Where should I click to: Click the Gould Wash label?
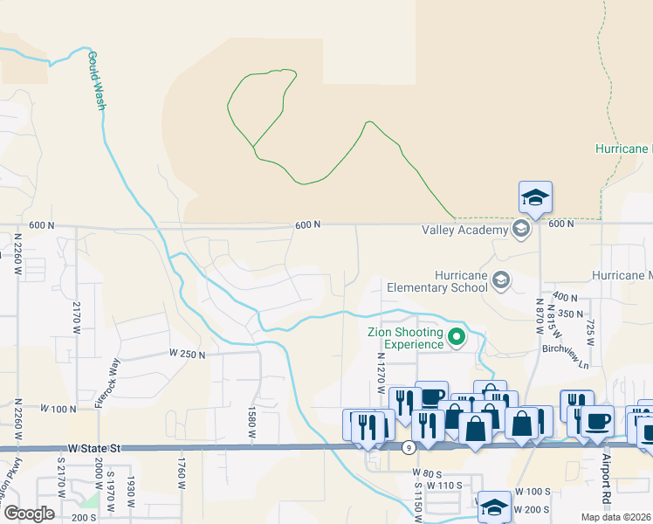click(x=96, y=81)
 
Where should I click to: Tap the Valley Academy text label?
click(x=464, y=231)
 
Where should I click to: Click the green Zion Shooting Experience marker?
click(x=456, y=336)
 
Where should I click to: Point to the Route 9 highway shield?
click(x=409, y=448)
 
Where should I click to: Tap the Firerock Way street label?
click(x=110, y=376)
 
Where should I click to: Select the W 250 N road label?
click(x=187, y=355)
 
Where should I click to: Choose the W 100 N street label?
click(x=58, y=408)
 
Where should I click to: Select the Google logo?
click(x=28, y=514)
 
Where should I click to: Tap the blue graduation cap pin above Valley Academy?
click(x=534, y=197)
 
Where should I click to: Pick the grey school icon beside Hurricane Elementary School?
click(x=500, y=280)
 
